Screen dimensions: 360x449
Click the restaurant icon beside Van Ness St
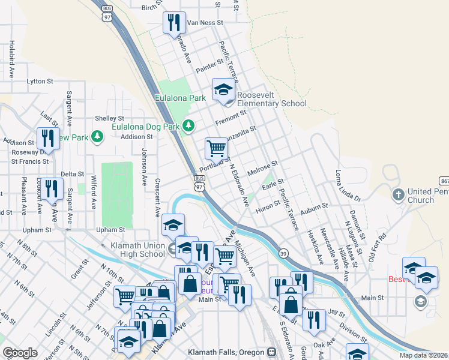pyautogui.click(x=174, y=23)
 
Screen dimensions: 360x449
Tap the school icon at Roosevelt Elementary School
pyautogui.click(x=223, y=91)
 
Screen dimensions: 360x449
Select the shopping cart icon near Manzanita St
pyautogui.click(x=215, y=147)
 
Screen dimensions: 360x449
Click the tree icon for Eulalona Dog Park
pyautogui.click(x=190, y=125)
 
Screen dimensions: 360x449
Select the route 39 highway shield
pyautogui.click(x=282, y=254)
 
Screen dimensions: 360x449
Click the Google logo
pyautogui.click(x=20, y=353)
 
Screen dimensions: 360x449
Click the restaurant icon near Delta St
pyautogui.click(x=52, y=189)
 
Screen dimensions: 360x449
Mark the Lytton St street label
pyautogui.click(x=40, y=81)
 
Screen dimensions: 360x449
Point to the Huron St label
pyautogui.click(x=268, y=206)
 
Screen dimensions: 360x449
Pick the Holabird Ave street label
pyautogui.click(x=11, y=60)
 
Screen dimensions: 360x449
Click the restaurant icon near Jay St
pyautogui.click(x=314, y=320)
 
